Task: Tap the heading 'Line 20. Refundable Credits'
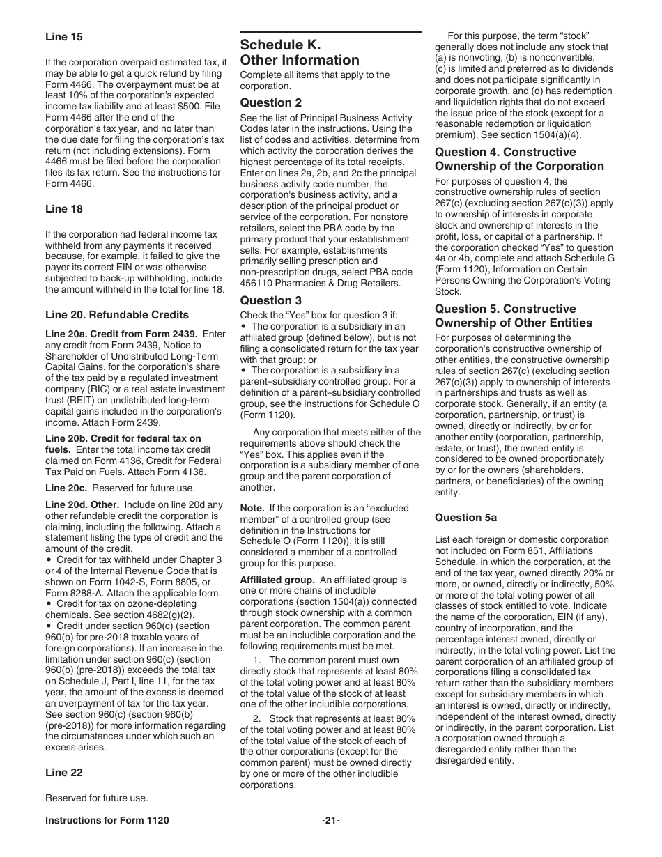(x=116, y=315)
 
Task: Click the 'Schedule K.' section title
(x=280, y=45)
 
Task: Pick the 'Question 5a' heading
(x=463, y=517)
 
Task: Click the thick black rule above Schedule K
(x=331, y=32)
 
